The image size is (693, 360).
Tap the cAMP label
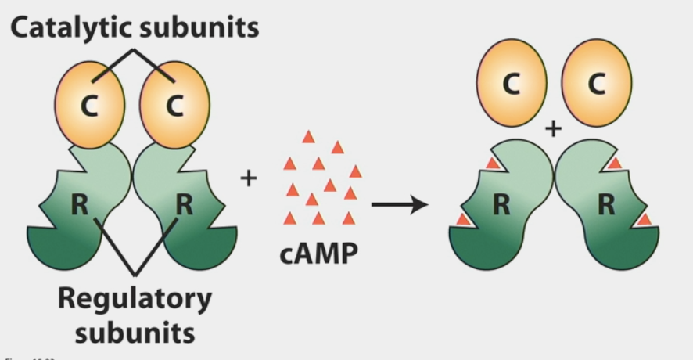[x=319, y=254]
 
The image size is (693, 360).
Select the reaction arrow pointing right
[x=400, y=206]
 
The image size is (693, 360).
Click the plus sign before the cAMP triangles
[x=248, y=178]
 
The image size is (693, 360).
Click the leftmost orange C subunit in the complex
[x=89, y=105]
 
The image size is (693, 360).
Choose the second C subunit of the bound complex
[x=174, y=105]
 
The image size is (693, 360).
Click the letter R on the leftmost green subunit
[x=79, y=205]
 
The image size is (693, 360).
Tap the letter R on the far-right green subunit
[x=605, y=205]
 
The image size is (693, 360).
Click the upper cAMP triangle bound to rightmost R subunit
[x=615, y=163]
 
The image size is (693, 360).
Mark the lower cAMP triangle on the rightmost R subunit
[x=644, y=219]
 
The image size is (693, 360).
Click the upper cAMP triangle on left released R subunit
[x=492, y=163]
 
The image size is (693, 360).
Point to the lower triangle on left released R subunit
[x=463, y=219]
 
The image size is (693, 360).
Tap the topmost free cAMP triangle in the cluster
[x=309, y=137]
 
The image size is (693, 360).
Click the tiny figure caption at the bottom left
[x=15, y=356]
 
